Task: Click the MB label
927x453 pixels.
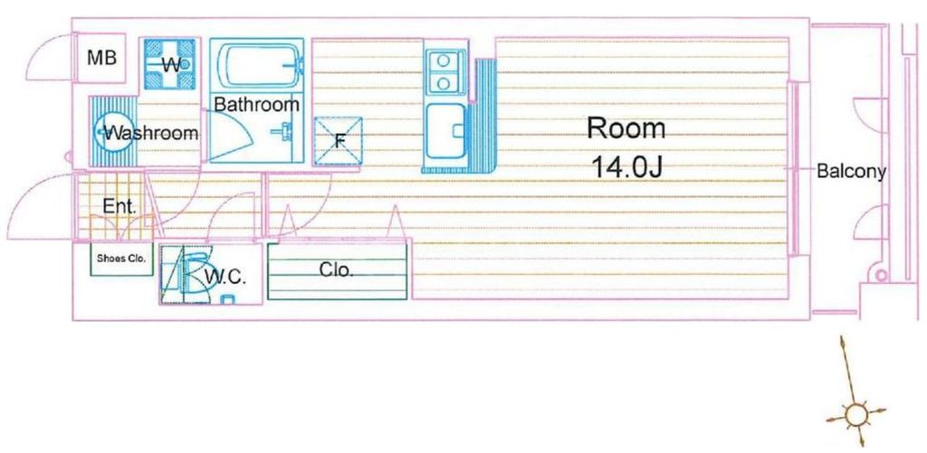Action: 101,59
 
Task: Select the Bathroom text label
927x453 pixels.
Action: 256,105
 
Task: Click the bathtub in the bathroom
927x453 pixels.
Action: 257,64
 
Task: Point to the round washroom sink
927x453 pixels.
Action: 110,133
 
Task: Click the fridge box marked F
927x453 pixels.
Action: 339,141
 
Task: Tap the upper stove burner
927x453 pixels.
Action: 444,61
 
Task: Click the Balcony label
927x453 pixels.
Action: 851,171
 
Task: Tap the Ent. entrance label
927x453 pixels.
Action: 119,206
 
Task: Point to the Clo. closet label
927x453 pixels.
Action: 336,269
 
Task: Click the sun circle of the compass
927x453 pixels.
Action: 854,416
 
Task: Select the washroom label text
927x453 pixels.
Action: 151,133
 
